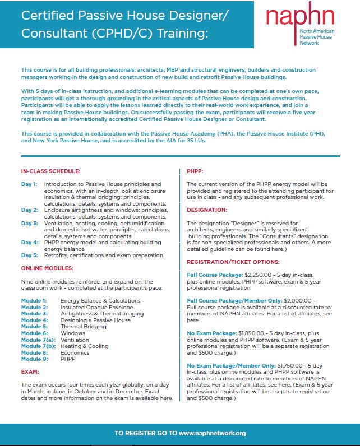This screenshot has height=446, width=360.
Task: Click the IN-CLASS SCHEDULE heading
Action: click(x=50, y=170)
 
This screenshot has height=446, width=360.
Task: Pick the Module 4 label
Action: click(x=34, y=320)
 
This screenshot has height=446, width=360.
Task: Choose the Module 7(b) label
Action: click(x=37, y=346)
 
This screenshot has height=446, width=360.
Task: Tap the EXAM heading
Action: click(x=30, y=371)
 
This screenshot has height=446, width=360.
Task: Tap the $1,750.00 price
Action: click(x=294, y=365)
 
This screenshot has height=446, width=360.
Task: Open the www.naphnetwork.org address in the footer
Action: click(x=212, y=433)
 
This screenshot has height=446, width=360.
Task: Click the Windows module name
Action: click(x=73, y=333)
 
